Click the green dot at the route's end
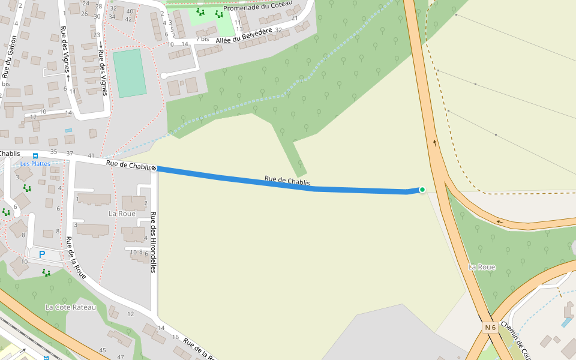[x=422, y=190]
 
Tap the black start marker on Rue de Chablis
[x=154, y=168]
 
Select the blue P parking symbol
[x=42, y=254]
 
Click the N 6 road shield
[x=490, y=327]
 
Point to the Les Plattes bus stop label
[x=35, y=163]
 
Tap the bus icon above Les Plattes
[x=35, y=156]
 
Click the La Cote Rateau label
[x=70, y=307]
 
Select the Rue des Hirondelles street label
[x=153, y=242]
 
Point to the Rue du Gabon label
[x=9, y=57]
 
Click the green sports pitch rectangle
[x=130, y=73]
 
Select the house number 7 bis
[x=202, y=38]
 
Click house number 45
[x=103, y=350]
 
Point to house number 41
[x=91, y=155]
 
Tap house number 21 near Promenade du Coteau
[x=295, y=18]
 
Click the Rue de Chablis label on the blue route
[x=287, y=181]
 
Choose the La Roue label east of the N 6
[x=482, y=266]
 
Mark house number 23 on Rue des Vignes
[x=97, y=35]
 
